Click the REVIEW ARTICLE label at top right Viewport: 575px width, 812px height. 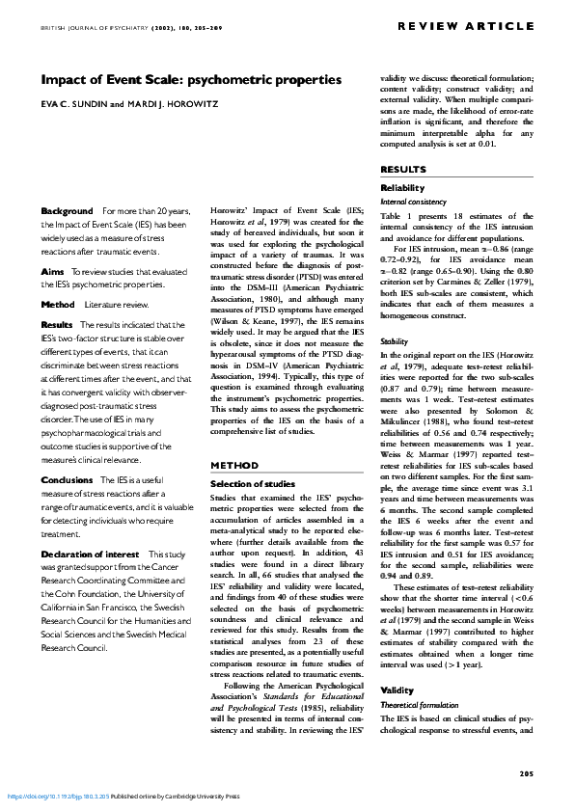478,24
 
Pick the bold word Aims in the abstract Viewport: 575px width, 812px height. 52,273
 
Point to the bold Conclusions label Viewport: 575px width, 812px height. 67,479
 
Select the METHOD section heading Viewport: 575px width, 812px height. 232,466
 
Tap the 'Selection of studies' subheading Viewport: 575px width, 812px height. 252,482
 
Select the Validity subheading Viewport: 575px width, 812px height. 397,690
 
